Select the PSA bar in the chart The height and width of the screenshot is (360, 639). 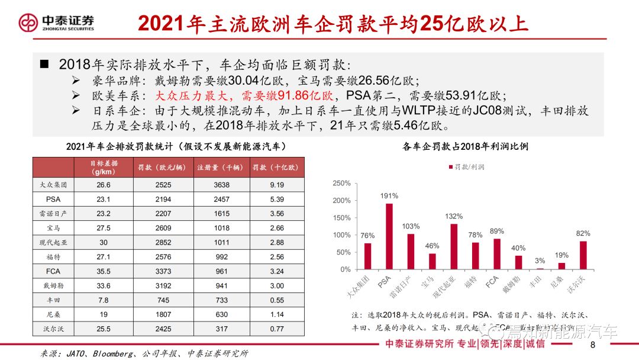tap(389, 236)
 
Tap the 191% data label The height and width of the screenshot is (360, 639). tap(389, 196)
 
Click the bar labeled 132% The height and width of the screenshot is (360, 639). tap(454, 246)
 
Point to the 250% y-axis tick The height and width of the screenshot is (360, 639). tap(343, 184)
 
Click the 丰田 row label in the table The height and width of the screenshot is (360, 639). tap(53, 300)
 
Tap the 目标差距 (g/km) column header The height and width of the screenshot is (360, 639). tap(104, 167)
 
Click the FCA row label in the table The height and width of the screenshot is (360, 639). tap(53, 271)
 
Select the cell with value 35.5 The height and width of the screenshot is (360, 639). tap(104, 271)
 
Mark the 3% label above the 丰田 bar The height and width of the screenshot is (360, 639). tap(540, 261)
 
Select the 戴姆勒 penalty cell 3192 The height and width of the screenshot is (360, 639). tap(163, 285)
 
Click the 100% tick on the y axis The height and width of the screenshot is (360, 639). tap(343, 235)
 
